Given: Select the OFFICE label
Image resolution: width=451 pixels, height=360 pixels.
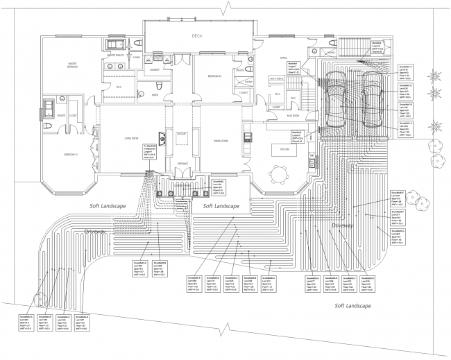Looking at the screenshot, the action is [x=283, y=58].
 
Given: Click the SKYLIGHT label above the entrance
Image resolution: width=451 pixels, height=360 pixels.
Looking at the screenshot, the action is [x=182, y=133].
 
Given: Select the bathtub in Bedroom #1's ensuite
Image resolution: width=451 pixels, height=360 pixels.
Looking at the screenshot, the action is [x=50, y=110].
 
